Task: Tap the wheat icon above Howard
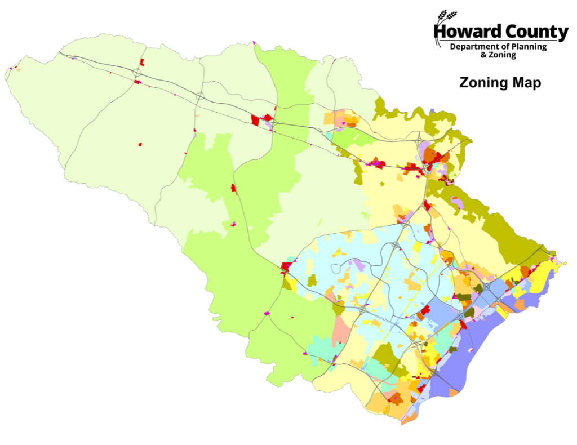click(444, 17)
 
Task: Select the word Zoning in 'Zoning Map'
click(483, 83)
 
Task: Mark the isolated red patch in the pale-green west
click(140, 145)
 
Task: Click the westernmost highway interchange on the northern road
click(137, 73)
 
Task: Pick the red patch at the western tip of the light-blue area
click(285, 266)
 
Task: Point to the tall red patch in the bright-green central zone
click(234, 189)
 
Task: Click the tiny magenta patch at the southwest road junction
click(267, 313)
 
